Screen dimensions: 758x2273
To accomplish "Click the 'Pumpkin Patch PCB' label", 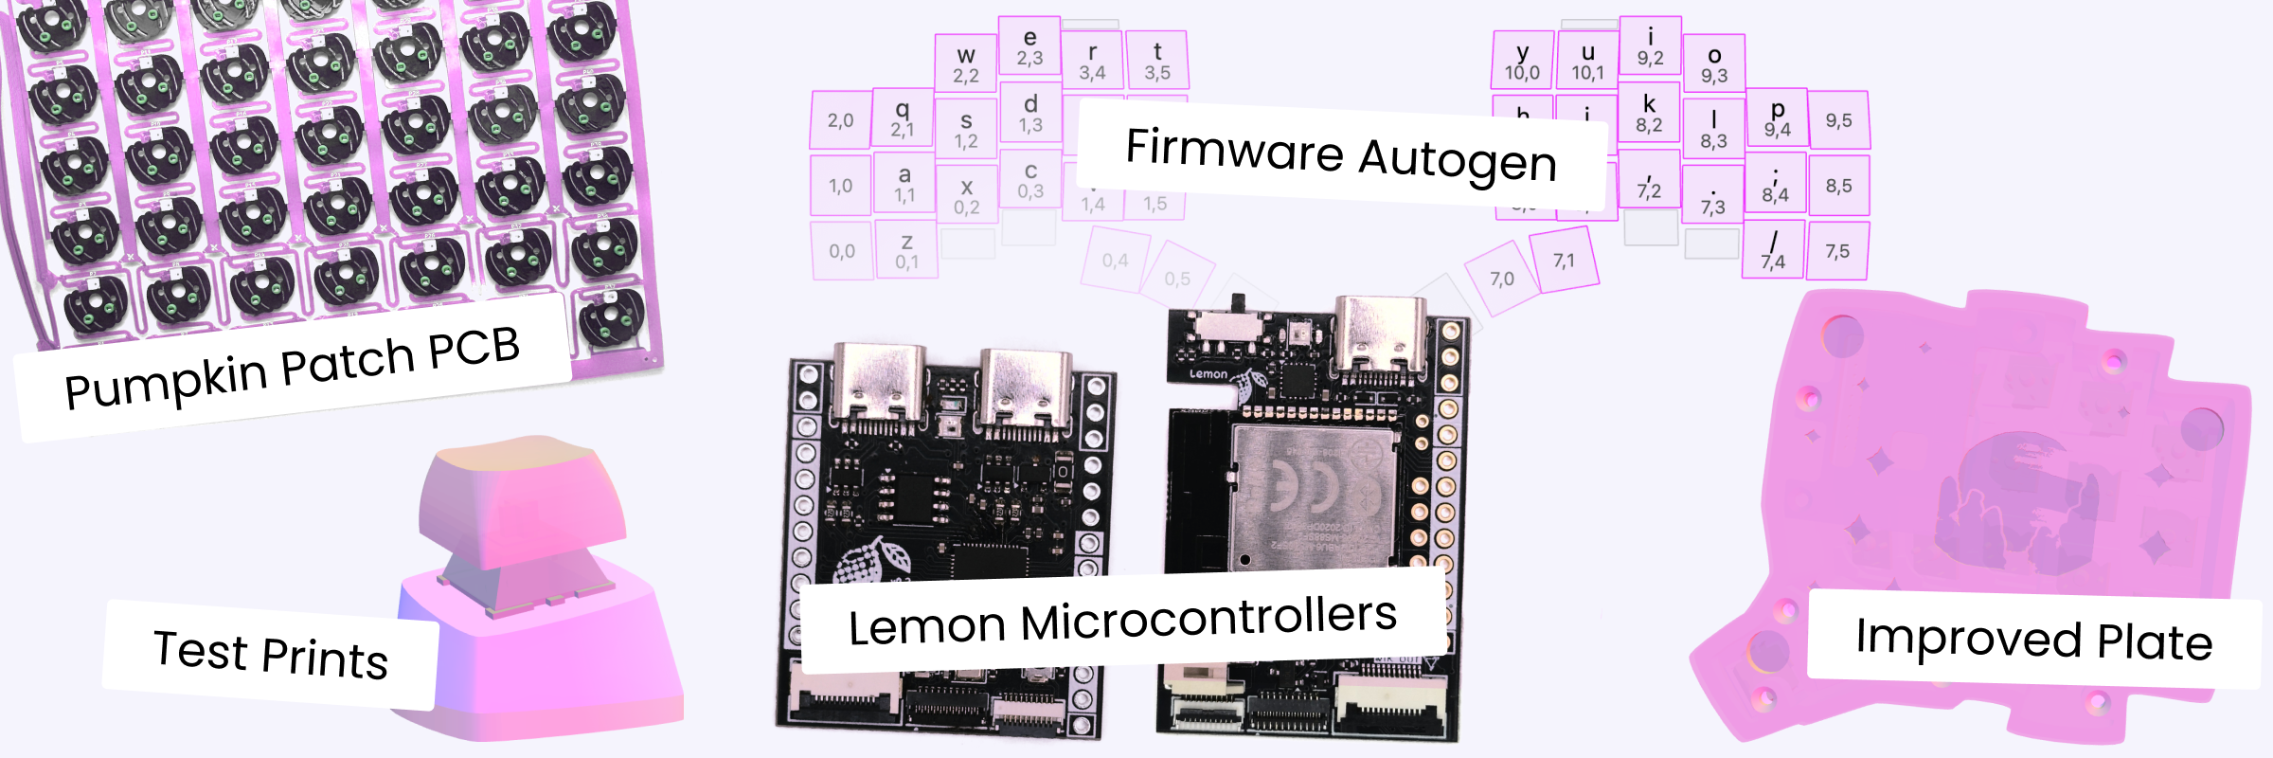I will (292, 368).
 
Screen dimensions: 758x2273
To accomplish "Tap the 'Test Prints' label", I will (270, 655).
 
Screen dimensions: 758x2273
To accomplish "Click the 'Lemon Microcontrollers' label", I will (1122, 621).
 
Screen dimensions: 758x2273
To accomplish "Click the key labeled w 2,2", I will (966, 63).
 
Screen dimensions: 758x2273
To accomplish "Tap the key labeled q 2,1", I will (903, 117).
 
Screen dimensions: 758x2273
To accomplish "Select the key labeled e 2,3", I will (1029, 46).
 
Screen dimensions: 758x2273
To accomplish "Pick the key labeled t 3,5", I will (1156, 60).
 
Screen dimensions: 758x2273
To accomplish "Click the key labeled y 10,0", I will (1522, 61).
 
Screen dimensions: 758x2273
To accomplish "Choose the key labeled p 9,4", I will (1777, 117).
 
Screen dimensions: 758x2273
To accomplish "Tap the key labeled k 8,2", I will (1649, 112).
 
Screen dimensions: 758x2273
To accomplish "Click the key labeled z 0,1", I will (906, 250).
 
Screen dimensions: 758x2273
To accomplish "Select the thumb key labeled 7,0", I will (1501, 278).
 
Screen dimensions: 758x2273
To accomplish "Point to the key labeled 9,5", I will (1838, 120).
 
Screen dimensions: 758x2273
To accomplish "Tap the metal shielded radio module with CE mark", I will (1315, 497).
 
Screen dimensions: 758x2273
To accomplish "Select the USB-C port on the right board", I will (1380, 336).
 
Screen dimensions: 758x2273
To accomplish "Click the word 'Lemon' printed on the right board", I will (1208, 374).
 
